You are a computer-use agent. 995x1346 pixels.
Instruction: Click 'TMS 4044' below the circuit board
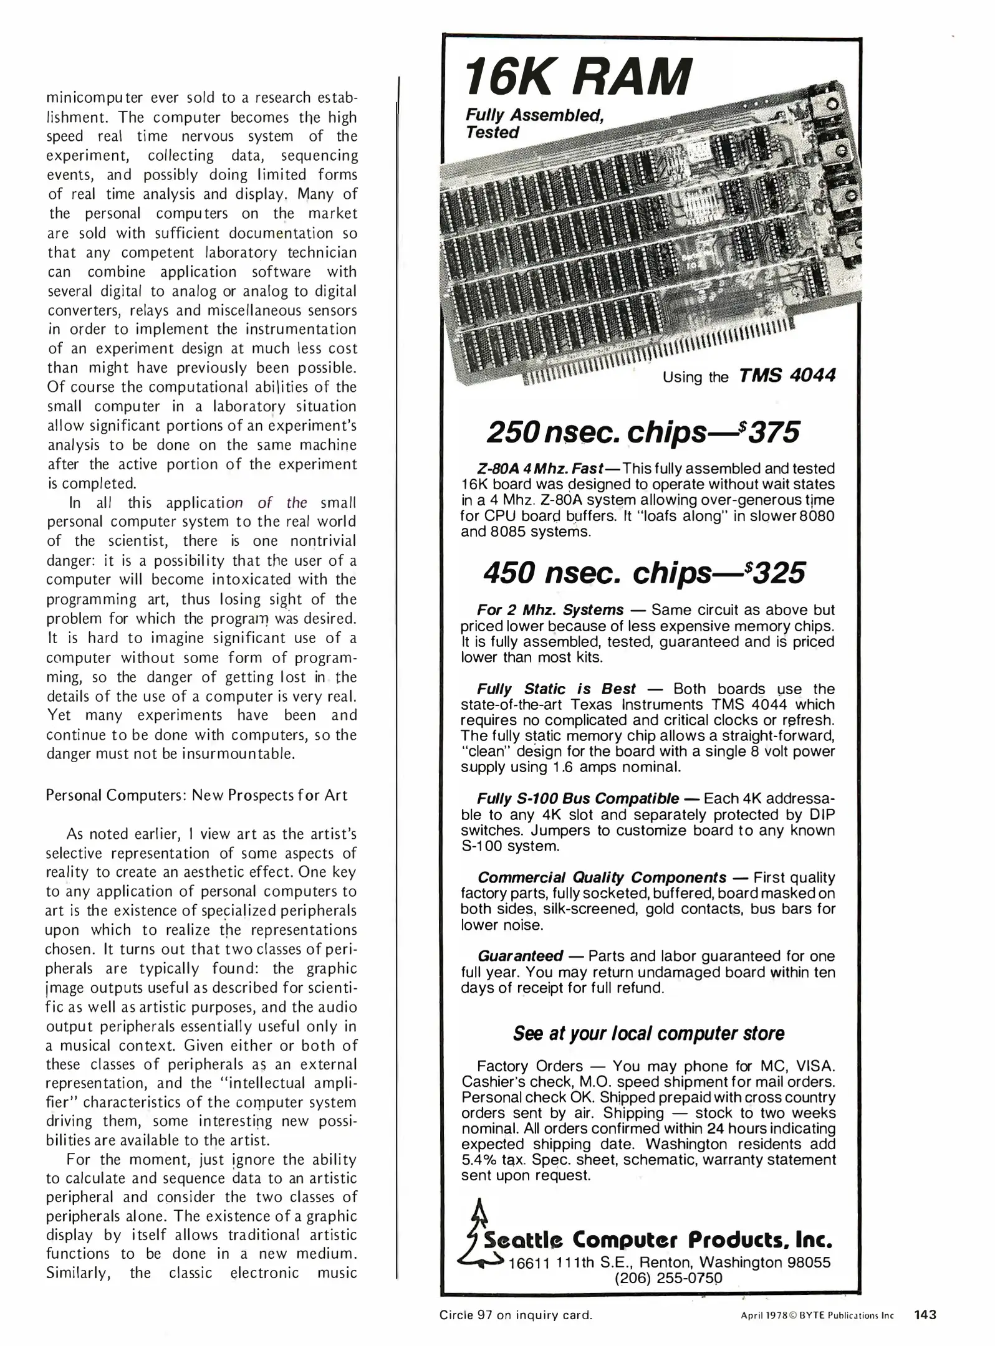point(787,376)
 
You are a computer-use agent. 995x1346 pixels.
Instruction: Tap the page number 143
point(925,1315)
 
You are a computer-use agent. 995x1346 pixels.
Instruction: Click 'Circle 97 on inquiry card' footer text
point(516,1315)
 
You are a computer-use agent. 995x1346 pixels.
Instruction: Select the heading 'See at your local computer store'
point(648,1034)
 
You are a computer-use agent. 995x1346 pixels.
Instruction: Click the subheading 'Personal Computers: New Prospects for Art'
point(196,796)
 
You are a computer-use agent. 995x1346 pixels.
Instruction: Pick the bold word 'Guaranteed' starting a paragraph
point(520,956)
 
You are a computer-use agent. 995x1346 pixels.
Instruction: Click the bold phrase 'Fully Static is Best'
point(556,689)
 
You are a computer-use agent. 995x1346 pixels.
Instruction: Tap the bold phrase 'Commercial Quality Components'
point(602,877)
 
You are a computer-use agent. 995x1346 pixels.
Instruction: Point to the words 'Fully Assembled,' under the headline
point(534,115)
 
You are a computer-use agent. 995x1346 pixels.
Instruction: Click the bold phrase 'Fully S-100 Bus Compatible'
point(578,799)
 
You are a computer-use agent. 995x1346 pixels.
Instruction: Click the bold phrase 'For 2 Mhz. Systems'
point(550,609)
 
